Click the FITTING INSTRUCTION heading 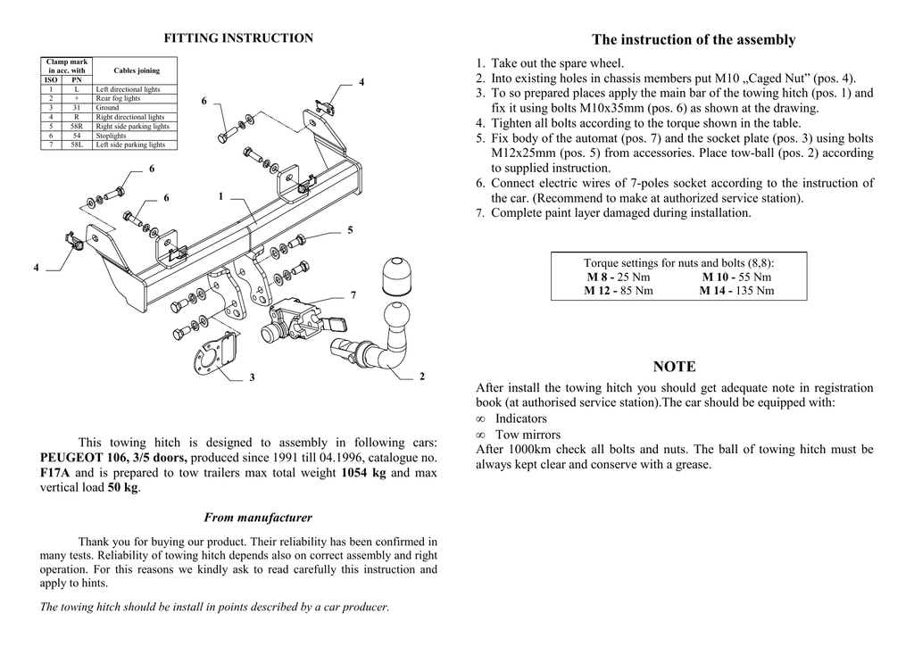[238, 38]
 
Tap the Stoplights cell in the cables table [112, 136]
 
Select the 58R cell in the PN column [77, 127]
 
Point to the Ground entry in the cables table [107, 108]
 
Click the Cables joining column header [137, 70]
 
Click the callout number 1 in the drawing [220, 195]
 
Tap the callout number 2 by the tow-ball [421, 377]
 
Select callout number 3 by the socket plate [252, 377]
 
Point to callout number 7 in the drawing [353, 294]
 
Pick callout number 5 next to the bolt [351, 230]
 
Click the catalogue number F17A [55, 473]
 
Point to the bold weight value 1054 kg [363, 473]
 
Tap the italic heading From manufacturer [258, 518]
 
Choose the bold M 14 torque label [716, 291]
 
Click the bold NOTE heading [674, 367]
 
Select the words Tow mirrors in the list [528, 435]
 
